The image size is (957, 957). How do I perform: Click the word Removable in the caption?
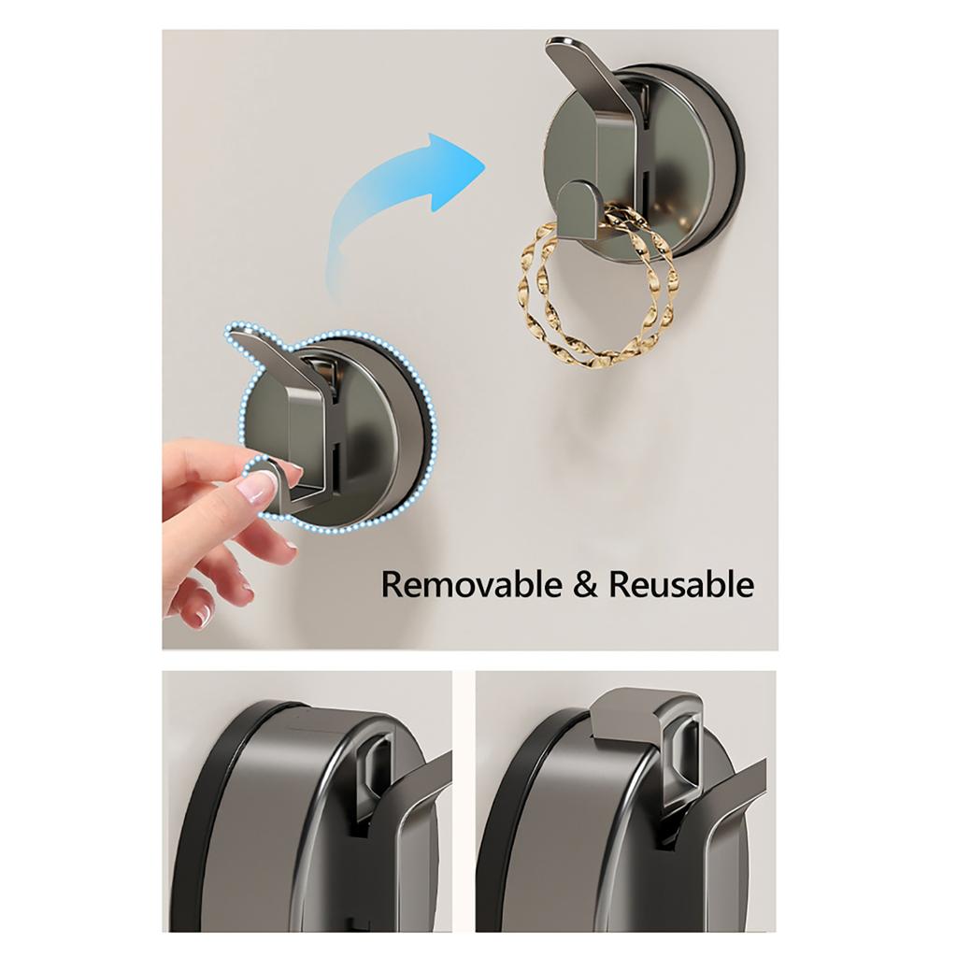pos(473,585)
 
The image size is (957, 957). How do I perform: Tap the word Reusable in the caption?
pos(681,585)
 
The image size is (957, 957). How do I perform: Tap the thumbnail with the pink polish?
pos(257,487)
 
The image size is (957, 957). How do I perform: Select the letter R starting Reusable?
pos(620,585)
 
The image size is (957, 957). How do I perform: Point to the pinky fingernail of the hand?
pos(202,613)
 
